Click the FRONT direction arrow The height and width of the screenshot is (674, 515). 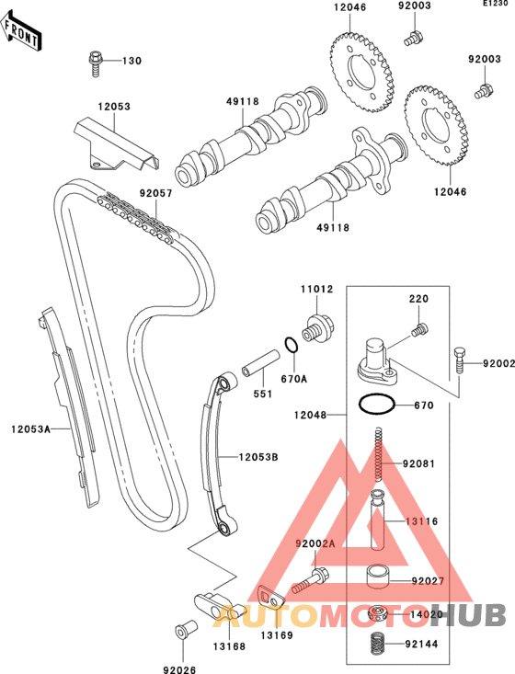click(20, 31)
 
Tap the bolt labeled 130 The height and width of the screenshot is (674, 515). click(95, 63)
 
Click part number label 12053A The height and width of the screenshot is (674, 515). click(30, 428)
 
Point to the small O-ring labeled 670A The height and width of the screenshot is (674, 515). click(291, 344)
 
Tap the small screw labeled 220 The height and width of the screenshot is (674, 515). click(419, 330)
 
